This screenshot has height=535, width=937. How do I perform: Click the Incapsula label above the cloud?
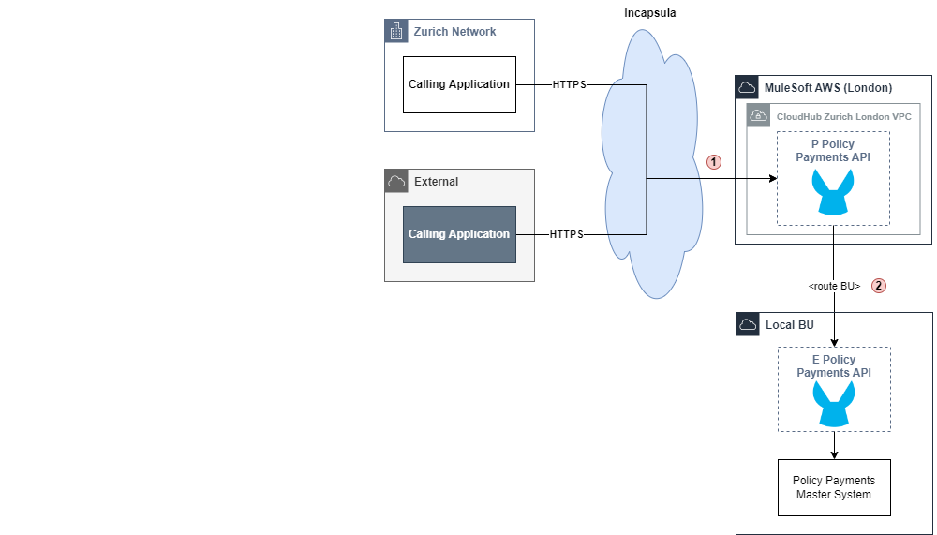[649, 12]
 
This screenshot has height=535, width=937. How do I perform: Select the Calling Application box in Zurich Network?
[459, 84]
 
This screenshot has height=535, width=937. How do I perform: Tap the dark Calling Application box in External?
[459, 234]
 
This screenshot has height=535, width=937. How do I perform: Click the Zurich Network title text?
[454, 32]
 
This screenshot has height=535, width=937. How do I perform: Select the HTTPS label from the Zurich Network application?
[569, 84]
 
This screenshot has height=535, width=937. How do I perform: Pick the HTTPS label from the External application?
[566, 234]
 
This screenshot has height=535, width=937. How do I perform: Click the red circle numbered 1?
[714, 161]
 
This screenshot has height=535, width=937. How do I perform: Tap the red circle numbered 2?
[878, 286]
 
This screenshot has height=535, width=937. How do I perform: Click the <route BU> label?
[834, 286]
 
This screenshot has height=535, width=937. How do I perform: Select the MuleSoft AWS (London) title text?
[828, 88]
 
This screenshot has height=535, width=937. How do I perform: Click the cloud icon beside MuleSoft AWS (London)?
[747, 87]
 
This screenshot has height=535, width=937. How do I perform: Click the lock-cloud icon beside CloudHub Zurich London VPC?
[757, 116]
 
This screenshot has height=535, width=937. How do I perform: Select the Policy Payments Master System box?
[834, 487]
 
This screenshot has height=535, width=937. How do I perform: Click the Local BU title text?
[790, 325]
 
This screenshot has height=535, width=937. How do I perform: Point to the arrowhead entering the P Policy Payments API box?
[773, 178]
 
